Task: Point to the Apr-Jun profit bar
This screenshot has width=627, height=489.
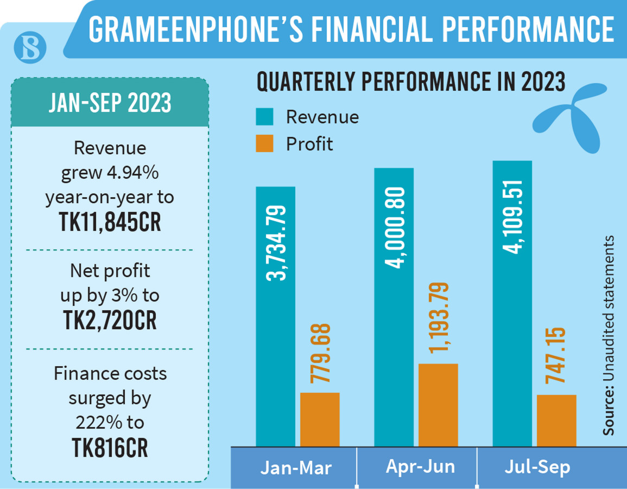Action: point(438,405)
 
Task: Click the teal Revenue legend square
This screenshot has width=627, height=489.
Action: point(265,117)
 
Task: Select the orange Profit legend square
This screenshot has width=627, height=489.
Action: point(265,144)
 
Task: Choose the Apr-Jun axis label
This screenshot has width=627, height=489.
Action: point(420,467)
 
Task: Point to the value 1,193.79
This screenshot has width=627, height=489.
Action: point(439,318)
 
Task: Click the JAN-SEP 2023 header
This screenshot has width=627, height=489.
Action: point(110,103)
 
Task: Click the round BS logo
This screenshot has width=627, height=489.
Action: point(30,48)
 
